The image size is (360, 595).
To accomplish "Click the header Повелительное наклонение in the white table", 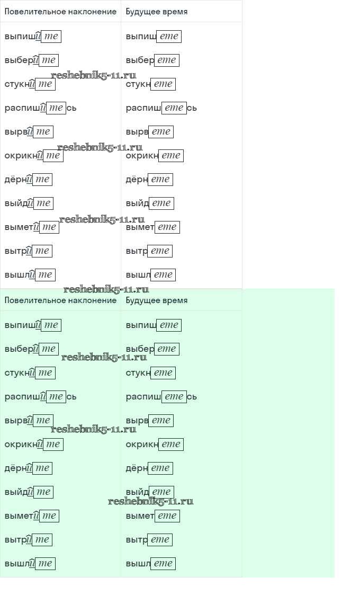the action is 60,11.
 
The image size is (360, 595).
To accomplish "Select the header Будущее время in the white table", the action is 157,11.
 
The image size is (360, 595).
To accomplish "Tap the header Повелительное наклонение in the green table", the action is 60,300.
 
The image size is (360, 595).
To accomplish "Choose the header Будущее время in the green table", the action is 157,300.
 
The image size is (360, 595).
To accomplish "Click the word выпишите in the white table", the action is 33,36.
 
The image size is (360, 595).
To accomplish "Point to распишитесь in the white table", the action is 41,108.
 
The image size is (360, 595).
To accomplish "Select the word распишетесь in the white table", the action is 161,108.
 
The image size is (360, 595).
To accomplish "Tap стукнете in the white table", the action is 150,84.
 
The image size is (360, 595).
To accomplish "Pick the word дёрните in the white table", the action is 29,179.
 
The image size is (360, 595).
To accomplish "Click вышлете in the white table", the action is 150,275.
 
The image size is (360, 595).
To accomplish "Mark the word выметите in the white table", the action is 32,227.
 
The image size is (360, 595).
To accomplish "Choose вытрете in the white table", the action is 149,251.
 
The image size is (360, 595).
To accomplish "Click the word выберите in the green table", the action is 32,349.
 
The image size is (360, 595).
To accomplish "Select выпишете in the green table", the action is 154,325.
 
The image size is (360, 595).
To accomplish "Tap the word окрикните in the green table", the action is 34,444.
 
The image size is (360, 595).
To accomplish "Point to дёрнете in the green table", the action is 149,468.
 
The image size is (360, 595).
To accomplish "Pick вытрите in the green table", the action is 29,539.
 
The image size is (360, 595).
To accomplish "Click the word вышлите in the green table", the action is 30,564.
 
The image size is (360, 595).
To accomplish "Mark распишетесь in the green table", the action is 161,396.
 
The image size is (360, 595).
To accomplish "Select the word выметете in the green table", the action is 153,516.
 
